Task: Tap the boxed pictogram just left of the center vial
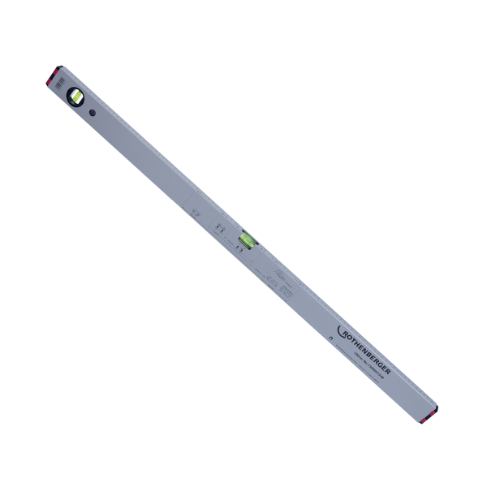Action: [221, 228]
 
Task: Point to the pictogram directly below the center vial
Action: [239, 249]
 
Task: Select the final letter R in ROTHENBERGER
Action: [389, 370]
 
